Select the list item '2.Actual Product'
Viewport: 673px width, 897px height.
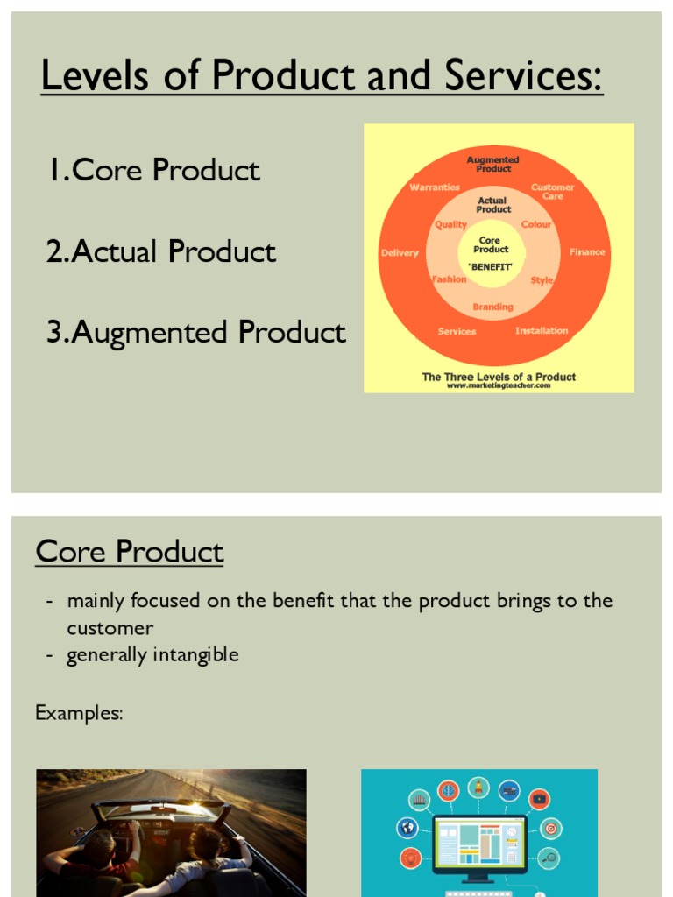click(161, 252)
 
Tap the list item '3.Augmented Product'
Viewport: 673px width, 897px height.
click(196, 333)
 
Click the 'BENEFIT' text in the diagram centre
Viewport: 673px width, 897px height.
click(491, 265)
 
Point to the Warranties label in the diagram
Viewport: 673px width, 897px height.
click(435, 187)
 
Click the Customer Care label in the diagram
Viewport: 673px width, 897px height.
click(553, 191)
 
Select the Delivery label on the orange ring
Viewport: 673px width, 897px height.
click(400, 253)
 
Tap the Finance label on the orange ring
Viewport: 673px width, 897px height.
click(587, 252)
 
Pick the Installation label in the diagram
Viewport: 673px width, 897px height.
click(542, 331)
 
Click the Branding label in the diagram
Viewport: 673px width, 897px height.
click(493, 307)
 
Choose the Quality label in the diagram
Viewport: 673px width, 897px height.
click(451, 225)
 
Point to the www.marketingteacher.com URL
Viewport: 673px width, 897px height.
click(499, 385)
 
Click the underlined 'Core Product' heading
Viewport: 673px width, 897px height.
click(130, 553)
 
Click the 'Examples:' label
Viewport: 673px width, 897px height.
click(79, 713)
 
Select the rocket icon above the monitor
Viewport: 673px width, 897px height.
click(478, 786)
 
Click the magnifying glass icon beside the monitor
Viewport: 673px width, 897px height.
click(549, 858)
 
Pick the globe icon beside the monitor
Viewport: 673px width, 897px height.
click(407, 827)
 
